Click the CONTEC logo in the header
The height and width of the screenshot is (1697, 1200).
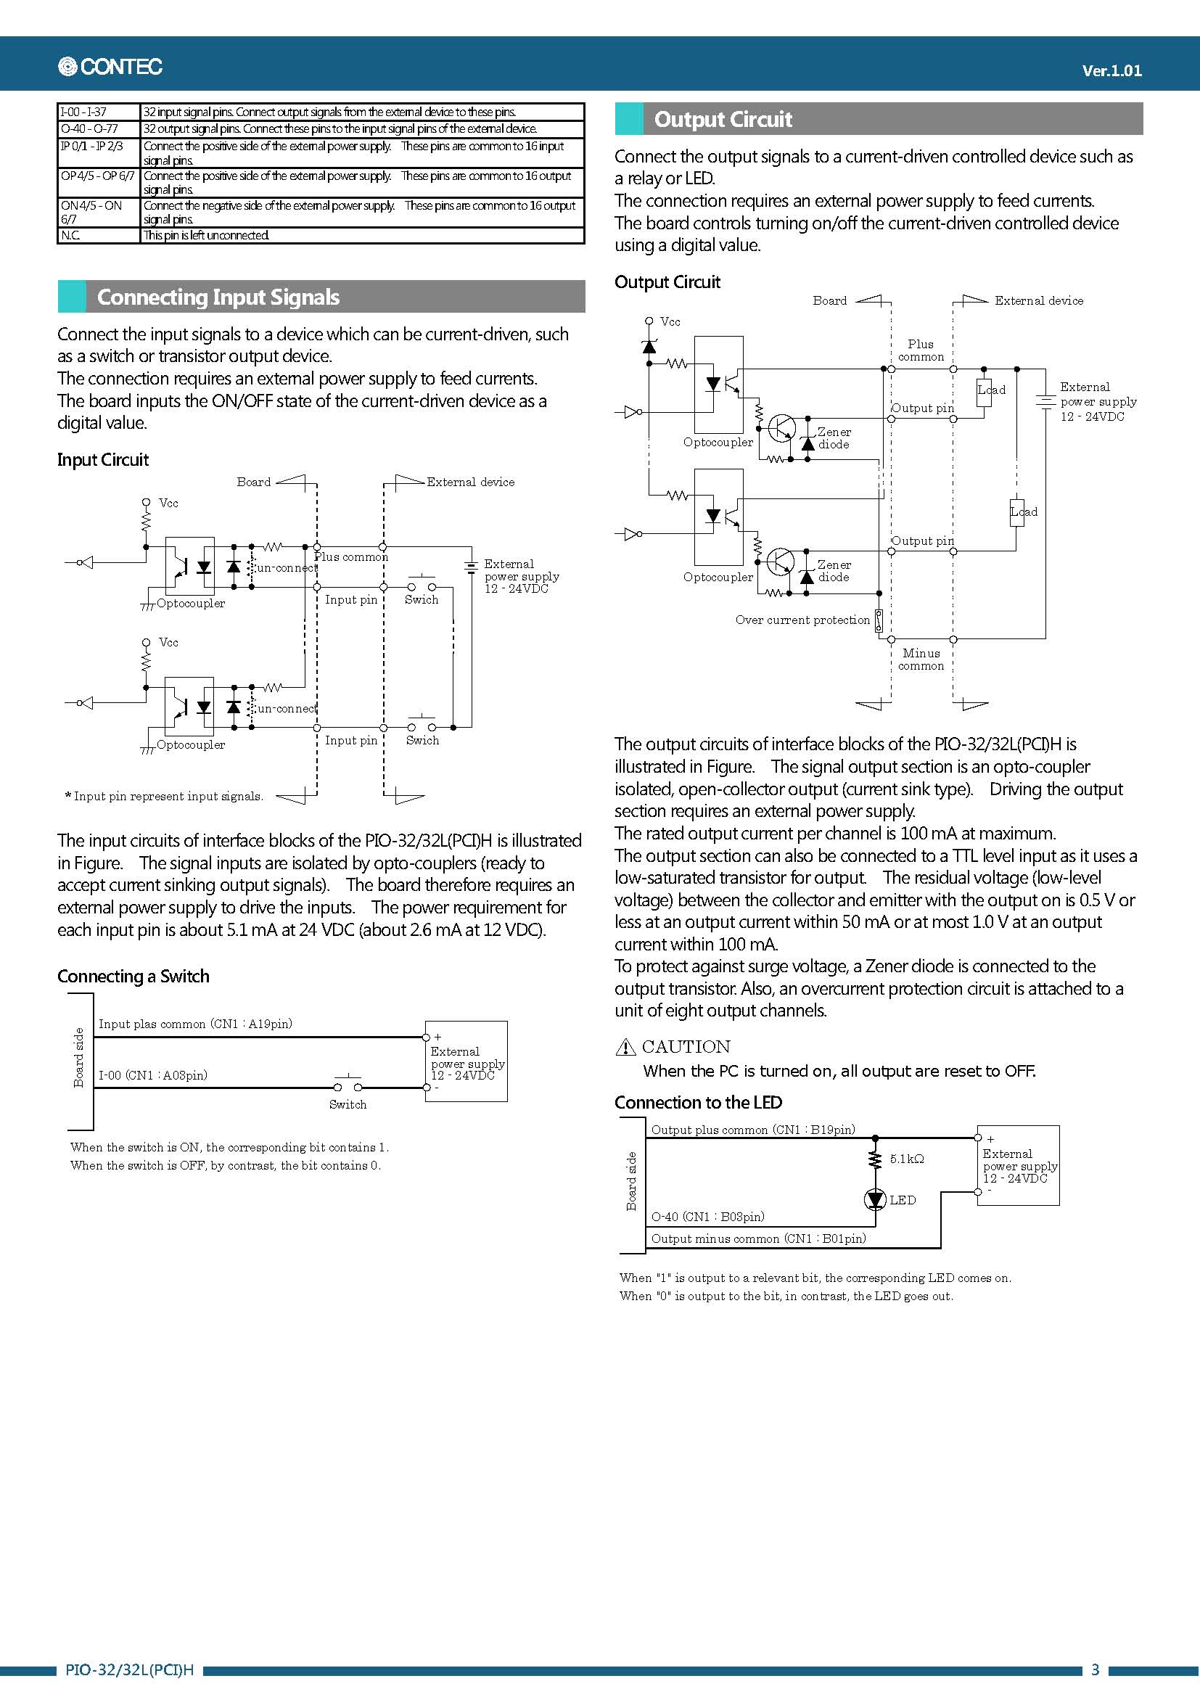click(x=110, y=67)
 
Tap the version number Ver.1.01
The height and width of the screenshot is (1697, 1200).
click(x=1111, y=71)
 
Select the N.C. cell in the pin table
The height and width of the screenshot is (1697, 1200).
click(x=71, y=235)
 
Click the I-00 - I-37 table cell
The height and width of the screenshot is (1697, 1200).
click(x=83, y=112)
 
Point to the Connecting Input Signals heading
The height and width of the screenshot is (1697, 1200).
click(x=218, y=297)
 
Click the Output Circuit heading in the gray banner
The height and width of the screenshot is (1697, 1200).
click(x=723, y=120)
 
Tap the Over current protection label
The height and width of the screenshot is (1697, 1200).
click(x=802, y=620)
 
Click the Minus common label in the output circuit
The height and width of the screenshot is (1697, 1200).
click(x=921, y=660)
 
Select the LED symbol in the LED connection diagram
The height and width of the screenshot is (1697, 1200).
click(x=875, y=1199)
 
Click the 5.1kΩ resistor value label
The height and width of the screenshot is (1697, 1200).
click(x=907, y=1159)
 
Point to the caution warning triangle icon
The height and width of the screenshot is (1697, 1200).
click(x=625, y=1047)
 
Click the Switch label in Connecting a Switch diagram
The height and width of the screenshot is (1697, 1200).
click(x=348, y=1104)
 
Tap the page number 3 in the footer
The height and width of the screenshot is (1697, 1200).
click(x=1095, y=1669)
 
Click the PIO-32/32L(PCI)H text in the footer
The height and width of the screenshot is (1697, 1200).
click(x=129, y=1669)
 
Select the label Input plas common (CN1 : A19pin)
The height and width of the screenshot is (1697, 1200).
click(x=195, y=1024)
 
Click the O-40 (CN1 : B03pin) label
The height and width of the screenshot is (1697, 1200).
click(x=707, y=1217)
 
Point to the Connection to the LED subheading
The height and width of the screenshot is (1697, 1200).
click(x=697, y=1102)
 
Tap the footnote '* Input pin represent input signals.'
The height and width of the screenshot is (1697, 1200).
click(x=164, y=796)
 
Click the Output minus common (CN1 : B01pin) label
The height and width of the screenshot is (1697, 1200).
click(x=758, y=1238)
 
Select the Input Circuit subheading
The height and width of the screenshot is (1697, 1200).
click(x=103, y=460)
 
